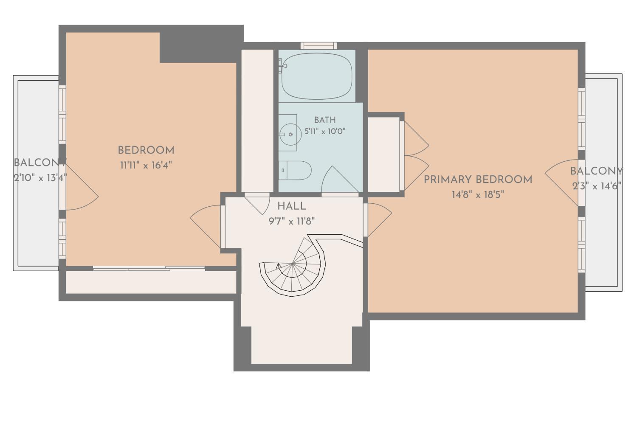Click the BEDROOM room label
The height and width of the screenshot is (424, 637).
pos(146,150)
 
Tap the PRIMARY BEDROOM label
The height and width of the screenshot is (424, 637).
pos(478,180)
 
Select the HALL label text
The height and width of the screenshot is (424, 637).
pos(291,206)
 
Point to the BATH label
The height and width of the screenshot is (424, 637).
pos(325,120)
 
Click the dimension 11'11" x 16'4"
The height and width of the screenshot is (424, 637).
pos(146,165)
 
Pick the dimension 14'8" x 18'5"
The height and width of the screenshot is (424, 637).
pos(478,195)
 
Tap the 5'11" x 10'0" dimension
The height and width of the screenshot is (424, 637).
pos(325,131)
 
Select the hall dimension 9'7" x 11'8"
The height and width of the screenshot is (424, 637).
pos(291,221)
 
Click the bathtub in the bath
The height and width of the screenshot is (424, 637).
pos(317,76)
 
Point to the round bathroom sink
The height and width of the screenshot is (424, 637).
pos(290,134)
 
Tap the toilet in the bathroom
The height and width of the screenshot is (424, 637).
pos(295,170)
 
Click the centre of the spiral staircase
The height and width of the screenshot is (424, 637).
pos(292,264)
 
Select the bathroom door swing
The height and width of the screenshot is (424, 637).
pos(340,180)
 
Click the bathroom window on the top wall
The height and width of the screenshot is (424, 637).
pos(319,46)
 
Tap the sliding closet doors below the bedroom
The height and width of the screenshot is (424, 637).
pos(149,268)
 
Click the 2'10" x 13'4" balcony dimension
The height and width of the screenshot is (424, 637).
pos(40,178)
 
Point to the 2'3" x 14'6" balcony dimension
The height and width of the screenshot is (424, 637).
pos(597,186)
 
